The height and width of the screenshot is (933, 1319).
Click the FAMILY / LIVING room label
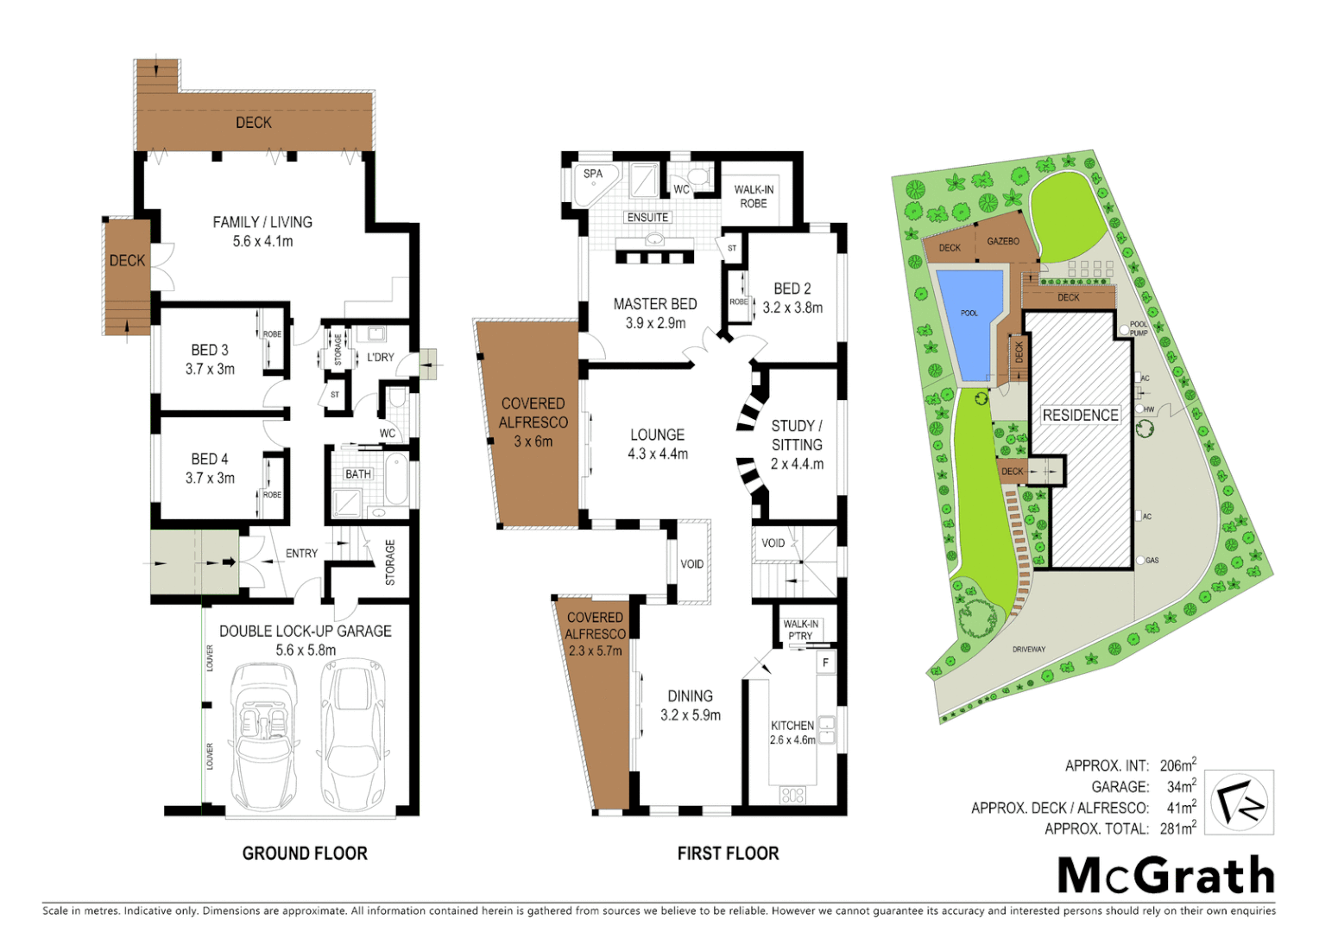262,222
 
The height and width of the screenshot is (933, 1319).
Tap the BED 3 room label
210,350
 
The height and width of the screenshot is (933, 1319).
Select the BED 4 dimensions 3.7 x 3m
210,478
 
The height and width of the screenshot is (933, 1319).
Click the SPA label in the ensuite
593,174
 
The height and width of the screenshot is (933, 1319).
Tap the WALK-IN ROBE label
754,196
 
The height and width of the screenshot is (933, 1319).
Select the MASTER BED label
655,304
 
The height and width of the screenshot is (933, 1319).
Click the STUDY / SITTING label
797,435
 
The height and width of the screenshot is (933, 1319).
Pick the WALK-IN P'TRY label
800,630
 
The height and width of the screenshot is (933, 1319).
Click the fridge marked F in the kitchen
826,663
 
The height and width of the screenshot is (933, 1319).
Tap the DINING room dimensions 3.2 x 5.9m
691,715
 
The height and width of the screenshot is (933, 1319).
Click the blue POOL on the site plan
970,320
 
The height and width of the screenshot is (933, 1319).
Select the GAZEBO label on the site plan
1003,242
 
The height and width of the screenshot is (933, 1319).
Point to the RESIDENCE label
1080,416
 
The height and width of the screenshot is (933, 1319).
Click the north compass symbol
1239,803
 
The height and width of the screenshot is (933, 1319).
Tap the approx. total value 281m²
1177,828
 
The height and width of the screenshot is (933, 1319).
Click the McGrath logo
1165,876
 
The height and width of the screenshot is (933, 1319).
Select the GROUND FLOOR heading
305,854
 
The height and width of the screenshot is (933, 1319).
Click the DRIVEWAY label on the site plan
1028,649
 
